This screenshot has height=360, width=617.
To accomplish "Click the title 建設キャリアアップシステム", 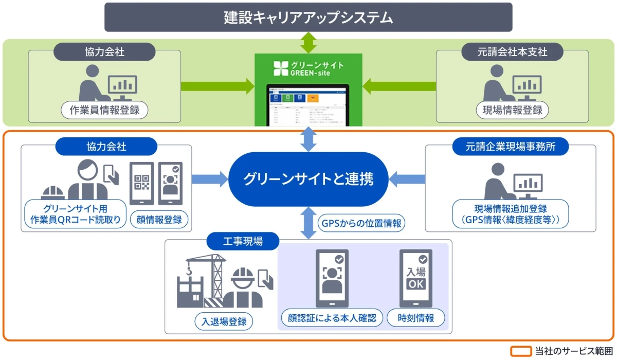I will pos(308,17).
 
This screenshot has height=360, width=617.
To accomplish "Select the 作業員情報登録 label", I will pos(104,110).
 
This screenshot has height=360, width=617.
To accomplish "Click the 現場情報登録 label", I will pos(512,110).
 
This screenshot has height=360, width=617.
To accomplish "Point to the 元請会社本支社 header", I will pos(512,52).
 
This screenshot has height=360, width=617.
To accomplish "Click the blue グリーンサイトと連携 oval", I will pos(308,179).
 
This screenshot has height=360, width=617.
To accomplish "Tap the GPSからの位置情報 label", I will pos(361,224).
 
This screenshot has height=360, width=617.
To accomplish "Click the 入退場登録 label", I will pos(224,322).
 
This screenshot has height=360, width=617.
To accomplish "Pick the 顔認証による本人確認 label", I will pos(332,318).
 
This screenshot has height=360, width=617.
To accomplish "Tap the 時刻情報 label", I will pos(416,318).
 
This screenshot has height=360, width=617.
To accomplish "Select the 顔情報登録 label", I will pos(159,220).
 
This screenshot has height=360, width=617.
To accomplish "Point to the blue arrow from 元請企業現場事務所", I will pos(407,179).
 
